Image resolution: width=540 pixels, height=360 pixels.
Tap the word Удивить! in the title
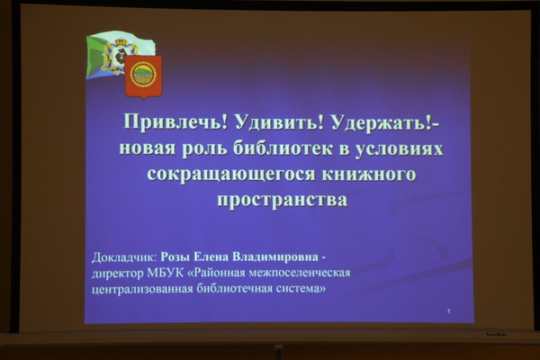point(279,121)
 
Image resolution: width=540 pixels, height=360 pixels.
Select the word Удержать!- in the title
point(385,122)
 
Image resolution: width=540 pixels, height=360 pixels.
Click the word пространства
point(283,200)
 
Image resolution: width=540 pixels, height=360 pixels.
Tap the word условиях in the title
point(399,148)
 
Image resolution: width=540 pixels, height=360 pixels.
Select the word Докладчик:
point(124,257)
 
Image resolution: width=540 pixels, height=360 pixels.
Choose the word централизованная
point(142,289)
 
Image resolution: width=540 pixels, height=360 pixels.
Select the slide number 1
point(449,311)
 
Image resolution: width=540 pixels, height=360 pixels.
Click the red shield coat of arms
point(143,77)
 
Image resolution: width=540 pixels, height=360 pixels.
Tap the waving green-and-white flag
point(119,54)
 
